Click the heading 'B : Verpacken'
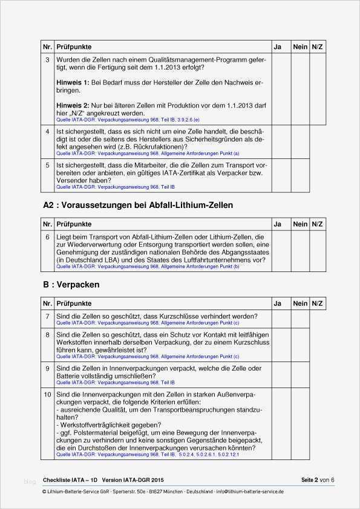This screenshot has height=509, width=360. tap(71, 284)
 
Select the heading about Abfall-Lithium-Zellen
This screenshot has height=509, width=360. tap(138, 205)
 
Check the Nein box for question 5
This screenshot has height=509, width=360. tap(300, 175)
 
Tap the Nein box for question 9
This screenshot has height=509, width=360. tap(300, 375)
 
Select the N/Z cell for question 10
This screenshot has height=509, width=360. tap(318, 423)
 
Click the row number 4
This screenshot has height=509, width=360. tap(48, 131)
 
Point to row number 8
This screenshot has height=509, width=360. tap(48, 334)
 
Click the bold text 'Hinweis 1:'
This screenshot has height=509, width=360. tap(73, 82)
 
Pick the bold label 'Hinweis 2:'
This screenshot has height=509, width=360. tap(73, 105)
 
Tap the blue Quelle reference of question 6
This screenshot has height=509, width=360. tap(148, 267)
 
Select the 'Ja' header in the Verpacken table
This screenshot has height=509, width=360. tap(278, 303)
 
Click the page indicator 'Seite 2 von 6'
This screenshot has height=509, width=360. tap(318, 480)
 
